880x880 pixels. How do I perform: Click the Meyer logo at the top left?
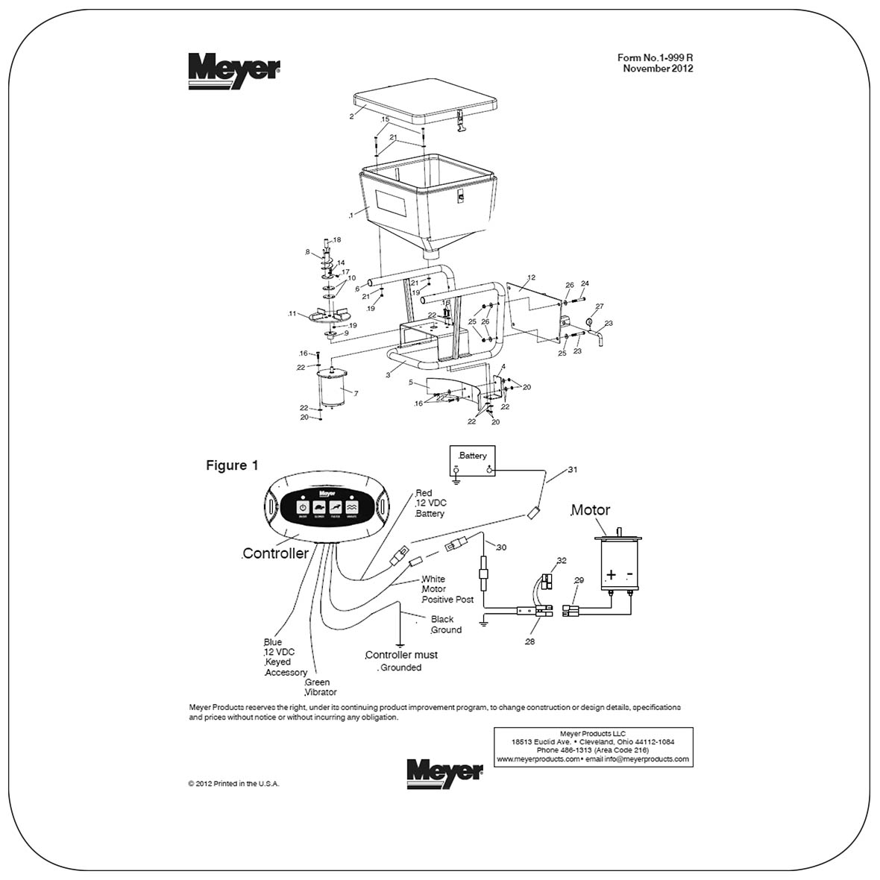pos(234,70)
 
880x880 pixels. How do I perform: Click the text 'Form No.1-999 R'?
pos(655,57)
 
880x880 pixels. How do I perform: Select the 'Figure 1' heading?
pos(232,465)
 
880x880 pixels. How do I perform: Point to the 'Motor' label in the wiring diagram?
pos(590,510)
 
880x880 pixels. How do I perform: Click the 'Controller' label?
pos(275,553)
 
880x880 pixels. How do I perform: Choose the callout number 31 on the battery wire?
pos(573,470)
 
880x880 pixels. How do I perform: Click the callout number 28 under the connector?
pos(529,641)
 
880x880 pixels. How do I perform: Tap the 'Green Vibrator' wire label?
pos(320,687)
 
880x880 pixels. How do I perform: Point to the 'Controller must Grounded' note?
pos(400,661)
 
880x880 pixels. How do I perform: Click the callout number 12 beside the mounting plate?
pos(531,277)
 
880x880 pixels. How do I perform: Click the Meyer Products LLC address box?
pos(593,746)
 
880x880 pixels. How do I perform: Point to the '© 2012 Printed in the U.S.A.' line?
pos(233,784)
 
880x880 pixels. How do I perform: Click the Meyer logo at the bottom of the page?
pos(444,773)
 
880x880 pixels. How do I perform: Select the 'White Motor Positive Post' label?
pos(446,589)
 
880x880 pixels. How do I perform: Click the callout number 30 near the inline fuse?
pos(501,547)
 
